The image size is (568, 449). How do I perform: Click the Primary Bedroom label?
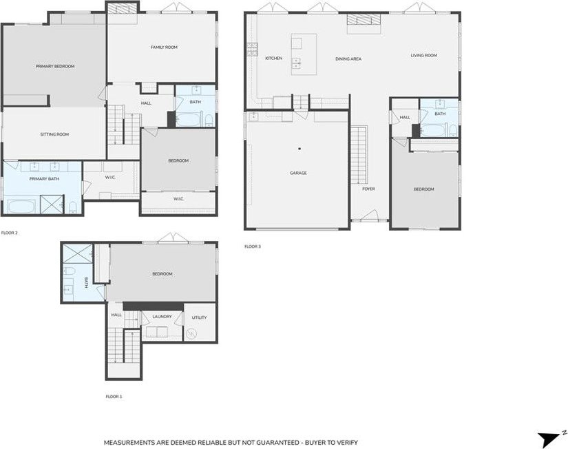(x=55, y=66)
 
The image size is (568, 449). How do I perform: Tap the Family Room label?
(x=164, y=47)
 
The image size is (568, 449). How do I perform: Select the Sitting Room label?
(x=54, y=134)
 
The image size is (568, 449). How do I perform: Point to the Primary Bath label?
(x=44, y=178)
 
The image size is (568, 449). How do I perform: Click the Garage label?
(x=299, y=174)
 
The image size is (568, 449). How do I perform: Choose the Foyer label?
(x=368, y=189)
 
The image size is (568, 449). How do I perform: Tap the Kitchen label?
(x=273, y=59)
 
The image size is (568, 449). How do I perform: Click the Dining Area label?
(x=348, y=59)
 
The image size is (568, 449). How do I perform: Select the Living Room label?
(x=424, y=56)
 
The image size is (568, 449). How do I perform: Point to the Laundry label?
(x=162, y=317)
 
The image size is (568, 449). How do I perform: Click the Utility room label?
(x=199, y=317)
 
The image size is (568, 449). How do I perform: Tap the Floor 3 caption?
(x=253, y=247)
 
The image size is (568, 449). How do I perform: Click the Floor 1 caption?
(x=114, y=397)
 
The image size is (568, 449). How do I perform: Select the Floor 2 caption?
(x=10, y=233)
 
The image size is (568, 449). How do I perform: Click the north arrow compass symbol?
(x=549, y=438)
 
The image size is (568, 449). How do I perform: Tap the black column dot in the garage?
(x=299, y=149)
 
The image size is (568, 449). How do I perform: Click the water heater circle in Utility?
(x=191, y=333)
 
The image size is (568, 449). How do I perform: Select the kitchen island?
(x=304, y=54)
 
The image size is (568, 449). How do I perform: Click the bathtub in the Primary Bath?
(x=21, y=206)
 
